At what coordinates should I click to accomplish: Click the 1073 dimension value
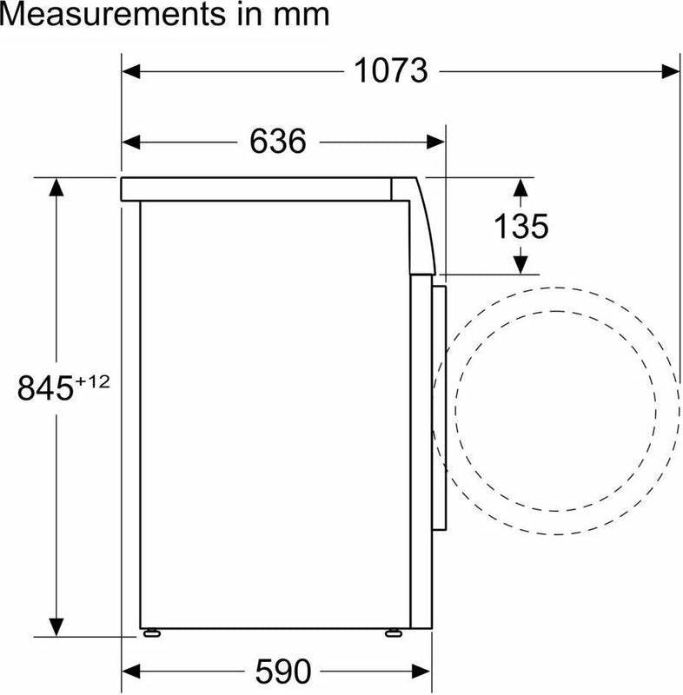point(391,71)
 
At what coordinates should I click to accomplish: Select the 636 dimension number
point(277,142)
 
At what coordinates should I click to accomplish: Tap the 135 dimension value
point(521,226)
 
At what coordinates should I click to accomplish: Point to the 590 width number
point(283,672)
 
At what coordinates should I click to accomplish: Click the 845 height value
point(45,388)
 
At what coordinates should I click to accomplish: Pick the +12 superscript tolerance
point(92,381)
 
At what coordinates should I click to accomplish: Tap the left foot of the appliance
point(152,633)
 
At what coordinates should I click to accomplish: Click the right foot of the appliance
point(394,633)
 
